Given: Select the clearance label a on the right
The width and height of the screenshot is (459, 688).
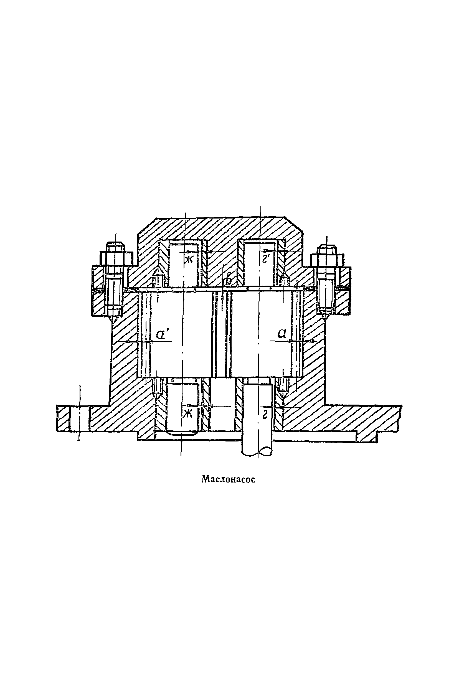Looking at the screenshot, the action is pyautogui.click(x=281, y=334).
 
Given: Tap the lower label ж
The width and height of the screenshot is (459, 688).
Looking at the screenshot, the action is pyautogui.click(x=187, y=414).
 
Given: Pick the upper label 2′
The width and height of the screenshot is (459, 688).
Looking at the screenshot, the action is pyautogui.click(x=266, y=259).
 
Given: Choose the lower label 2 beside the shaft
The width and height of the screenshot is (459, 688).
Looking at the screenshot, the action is pyautogui.click(x=265, y=415).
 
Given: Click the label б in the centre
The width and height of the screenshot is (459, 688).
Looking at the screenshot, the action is pyautogui.click(x=228, y=280).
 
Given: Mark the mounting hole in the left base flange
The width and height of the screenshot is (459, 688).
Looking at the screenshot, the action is pyautogui.click(x=79, y=418).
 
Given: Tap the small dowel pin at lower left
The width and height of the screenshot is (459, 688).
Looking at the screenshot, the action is pyautogui.click(x=158, y=386).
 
